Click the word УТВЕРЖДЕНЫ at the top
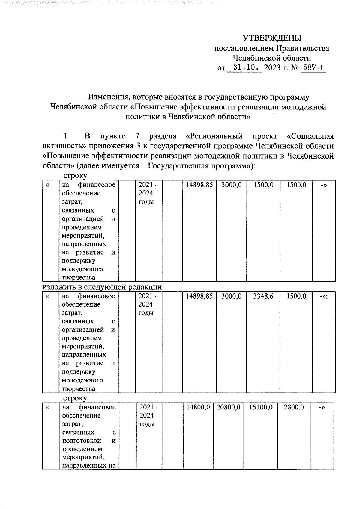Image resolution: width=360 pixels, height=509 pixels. pos(272,38)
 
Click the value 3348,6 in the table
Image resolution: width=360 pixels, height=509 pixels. pos(263,296)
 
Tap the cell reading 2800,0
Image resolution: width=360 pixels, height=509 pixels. pos(295,407)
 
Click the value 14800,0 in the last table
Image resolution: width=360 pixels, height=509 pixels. pos(198,407)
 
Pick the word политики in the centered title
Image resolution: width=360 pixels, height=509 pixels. pos(142,117)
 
